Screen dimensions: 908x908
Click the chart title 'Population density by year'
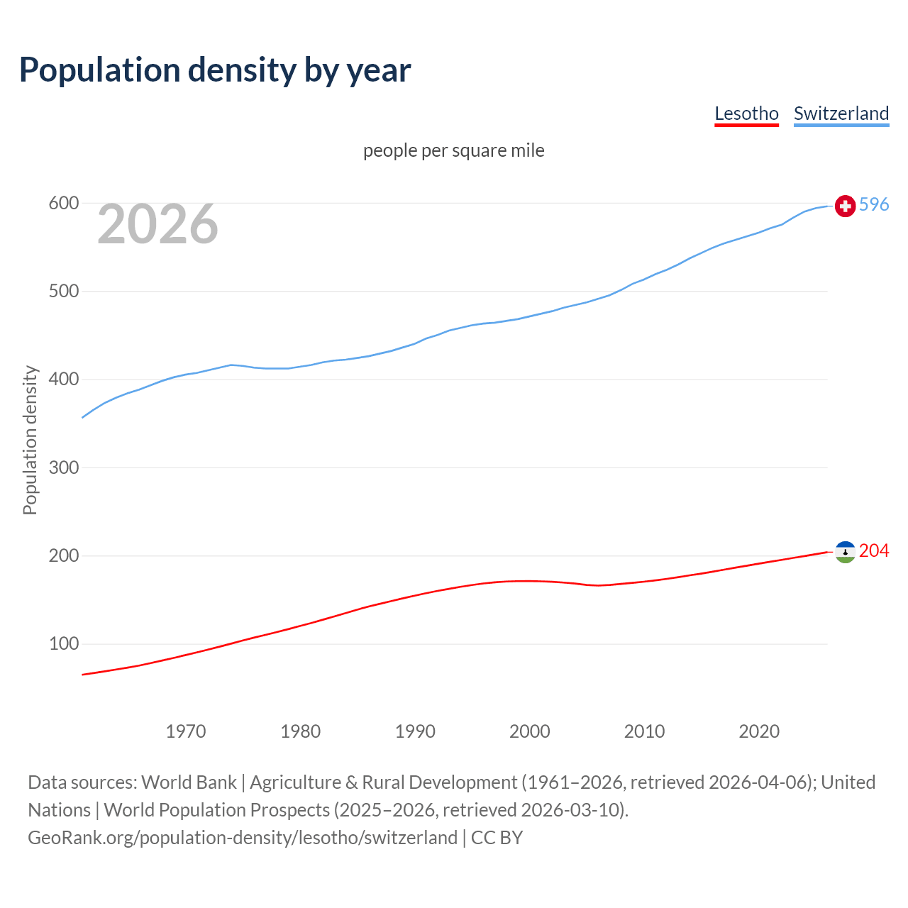(x=215, y=70)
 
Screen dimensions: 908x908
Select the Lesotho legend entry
(x=746, y=113)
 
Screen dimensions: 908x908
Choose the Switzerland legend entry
(x=841, y=113)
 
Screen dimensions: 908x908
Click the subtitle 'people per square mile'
(x=453, y=150)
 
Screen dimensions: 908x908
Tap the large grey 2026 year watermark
(x=157, y=224)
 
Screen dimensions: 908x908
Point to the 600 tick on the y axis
(x=63, y=204)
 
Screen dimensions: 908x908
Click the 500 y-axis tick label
(x=63, y=292)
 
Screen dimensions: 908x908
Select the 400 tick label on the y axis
(x=63, y=380)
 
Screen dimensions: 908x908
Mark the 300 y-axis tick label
(x=63, y=467)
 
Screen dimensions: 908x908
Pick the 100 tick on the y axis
(x=63, y=644)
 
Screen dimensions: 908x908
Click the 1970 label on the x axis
(x=186, y=731)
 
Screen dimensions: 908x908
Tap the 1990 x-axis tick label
(x=415, y=731)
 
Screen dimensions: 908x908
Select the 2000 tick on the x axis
(x=530, y=731)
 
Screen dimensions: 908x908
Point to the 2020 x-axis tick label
(x=759, y=731)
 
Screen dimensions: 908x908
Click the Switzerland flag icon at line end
(x=845, y=206)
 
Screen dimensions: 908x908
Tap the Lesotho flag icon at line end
(x=845, y=552)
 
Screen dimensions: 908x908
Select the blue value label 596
(x=874, y=204)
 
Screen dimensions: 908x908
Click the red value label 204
(x=874, y=550)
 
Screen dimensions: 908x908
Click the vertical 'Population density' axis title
(x=30, y=440)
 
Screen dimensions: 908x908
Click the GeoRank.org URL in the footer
(x=243, y=838)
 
